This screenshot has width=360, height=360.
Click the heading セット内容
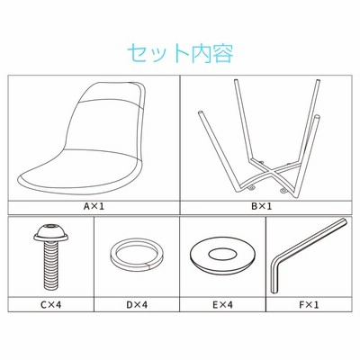[x=180, y=54]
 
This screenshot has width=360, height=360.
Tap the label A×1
[x=94, y=206]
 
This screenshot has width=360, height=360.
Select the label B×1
[x=262, y=206]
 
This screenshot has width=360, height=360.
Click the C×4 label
[x=51, y=305]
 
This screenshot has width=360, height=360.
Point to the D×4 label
[x=137, y=305]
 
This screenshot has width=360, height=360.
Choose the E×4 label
[x=222, y=305]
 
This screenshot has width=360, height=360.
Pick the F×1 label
[x=309, y=305]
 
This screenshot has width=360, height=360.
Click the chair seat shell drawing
[x=83, y=138]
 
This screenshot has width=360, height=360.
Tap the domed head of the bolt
[x=51, y=233]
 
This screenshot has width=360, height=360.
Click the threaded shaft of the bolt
[x=51, y=265]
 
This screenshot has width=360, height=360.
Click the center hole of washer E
[x=222, y=255]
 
